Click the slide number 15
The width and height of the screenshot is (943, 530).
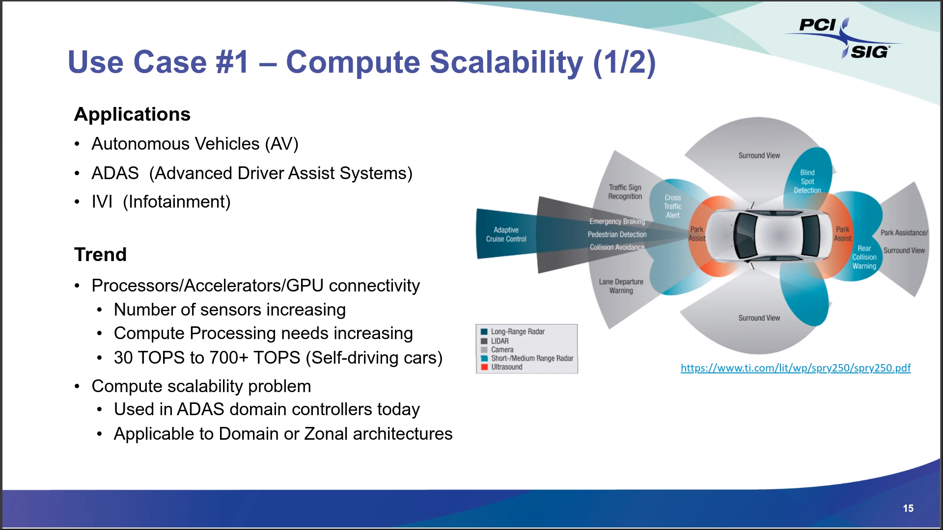click(908, 508)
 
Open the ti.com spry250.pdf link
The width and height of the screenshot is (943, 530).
click(795, 368)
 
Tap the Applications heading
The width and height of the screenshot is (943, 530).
click(132, 114)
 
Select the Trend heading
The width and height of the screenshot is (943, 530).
click(100, 255)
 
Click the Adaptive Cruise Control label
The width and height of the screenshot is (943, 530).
click(506, 235)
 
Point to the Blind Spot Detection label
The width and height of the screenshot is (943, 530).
click(807, 181)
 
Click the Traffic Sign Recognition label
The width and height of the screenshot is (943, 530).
click(625, 192)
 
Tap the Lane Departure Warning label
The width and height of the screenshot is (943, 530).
click(621, 286)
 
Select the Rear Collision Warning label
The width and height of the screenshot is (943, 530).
click(864, 257)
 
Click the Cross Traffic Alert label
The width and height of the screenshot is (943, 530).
click(672, 207)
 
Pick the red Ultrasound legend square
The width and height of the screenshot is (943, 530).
click(484, 367)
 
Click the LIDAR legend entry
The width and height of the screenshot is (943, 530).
click(499, 341)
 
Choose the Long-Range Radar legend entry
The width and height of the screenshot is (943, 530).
click(518, 332)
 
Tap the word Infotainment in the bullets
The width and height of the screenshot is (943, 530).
click(176, 202)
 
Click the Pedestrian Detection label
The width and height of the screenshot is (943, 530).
click(617, 235)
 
